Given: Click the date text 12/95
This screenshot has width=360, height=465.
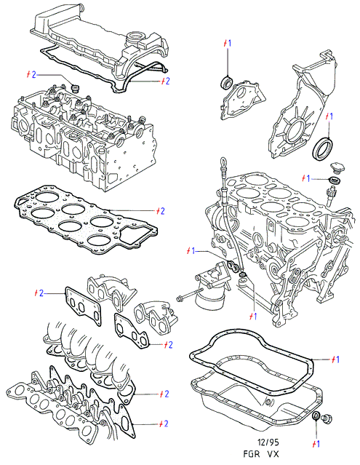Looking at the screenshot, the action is point(268,442).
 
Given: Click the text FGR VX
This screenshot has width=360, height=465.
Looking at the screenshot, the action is point(261,454).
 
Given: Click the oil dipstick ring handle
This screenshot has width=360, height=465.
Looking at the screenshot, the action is point(223,164).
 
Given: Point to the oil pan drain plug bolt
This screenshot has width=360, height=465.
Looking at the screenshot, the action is point(328,418).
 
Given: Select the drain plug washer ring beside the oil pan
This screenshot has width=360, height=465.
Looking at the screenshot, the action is point(316,416).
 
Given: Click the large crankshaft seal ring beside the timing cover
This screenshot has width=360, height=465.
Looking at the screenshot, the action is point(323,149).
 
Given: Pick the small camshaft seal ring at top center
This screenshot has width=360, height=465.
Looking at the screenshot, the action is point(228,82).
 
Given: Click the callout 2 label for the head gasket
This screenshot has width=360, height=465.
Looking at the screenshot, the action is point(161,211).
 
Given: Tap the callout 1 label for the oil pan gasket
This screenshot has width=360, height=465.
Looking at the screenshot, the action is point(335,359).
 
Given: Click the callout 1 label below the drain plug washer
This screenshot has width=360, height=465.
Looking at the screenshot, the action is point(316,444).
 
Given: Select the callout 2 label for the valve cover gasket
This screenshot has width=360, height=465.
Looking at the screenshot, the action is point(165,81).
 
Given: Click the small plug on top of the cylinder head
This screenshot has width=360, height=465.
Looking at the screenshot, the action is point(75,88).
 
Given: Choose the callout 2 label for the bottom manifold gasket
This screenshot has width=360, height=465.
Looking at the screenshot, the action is point(164,424).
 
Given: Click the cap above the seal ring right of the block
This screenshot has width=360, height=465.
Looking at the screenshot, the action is point(336,167).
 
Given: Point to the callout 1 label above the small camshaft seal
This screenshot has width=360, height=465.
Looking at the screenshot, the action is point(227,43).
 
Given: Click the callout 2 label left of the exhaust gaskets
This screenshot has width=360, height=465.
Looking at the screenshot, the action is point(39,293).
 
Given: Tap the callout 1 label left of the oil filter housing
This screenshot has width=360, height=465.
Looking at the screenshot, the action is point(191,251).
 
